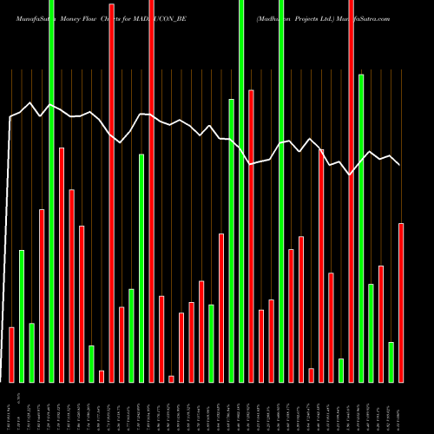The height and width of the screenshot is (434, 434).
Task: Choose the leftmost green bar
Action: click(22, 316)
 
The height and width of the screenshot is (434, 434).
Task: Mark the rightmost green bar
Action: click(391, 362)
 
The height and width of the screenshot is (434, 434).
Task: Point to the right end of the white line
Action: click(399, 164)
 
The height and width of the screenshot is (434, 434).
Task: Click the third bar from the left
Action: click(31, 352)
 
